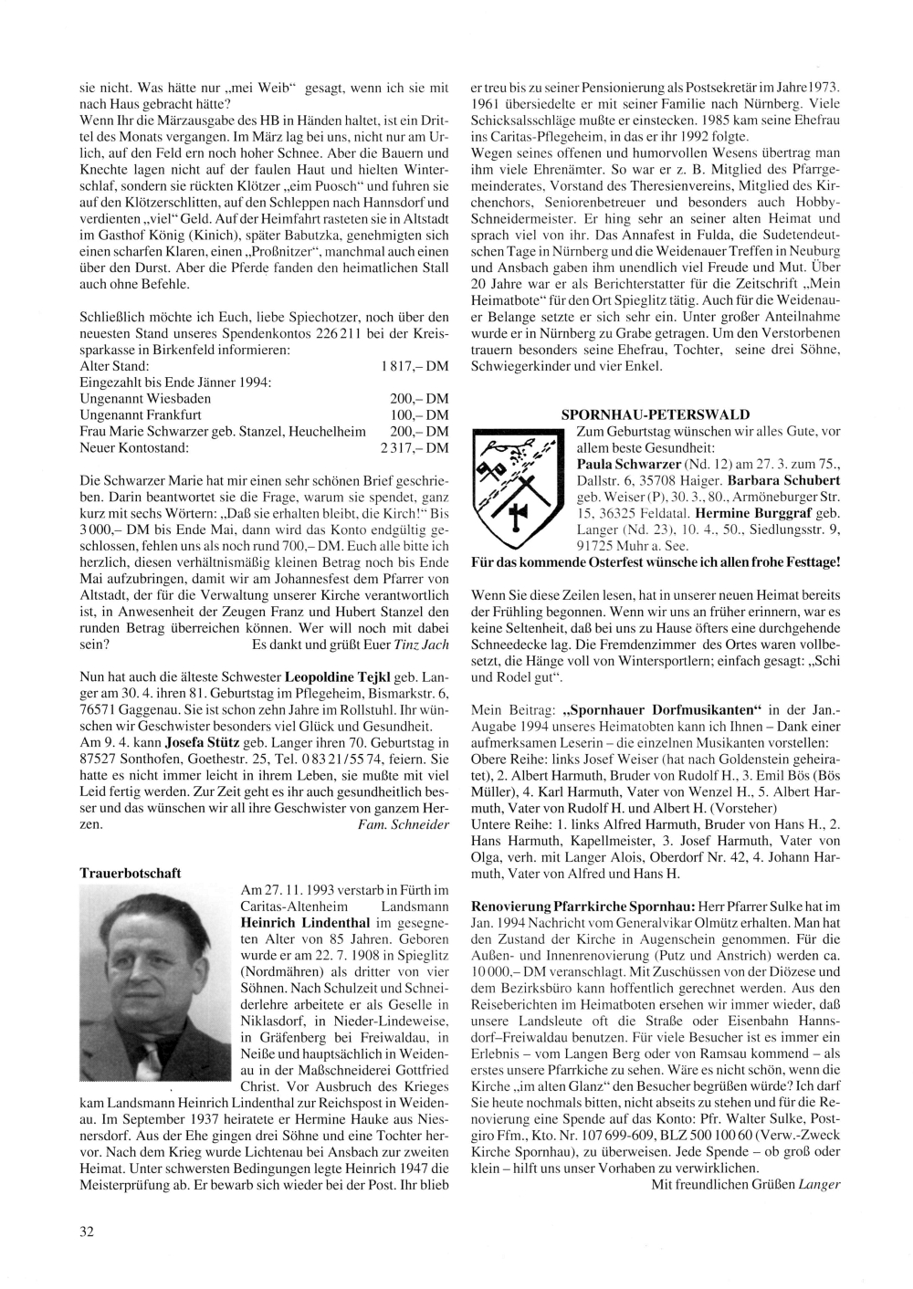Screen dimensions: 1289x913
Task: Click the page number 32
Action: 87,1231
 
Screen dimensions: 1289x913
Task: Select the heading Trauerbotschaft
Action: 131,873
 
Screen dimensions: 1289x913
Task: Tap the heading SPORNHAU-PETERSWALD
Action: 656,414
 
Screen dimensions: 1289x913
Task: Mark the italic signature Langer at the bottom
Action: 818,1184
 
